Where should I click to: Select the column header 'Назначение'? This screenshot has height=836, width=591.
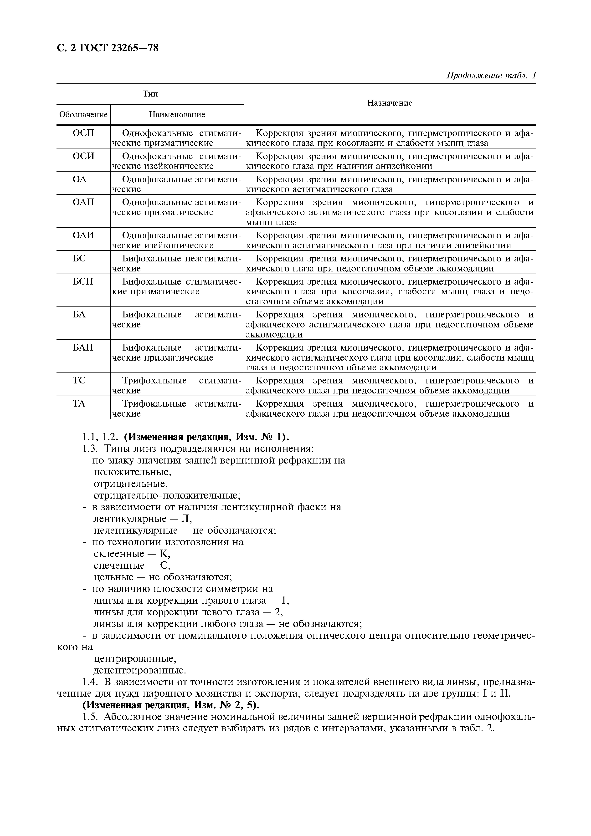point(390,103)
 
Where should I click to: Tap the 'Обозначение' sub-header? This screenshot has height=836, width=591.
point(83,115)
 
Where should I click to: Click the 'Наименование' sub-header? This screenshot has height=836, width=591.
point(177,115)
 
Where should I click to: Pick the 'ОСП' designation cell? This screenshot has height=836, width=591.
point(83,133)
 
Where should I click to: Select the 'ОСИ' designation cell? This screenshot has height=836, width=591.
point(83,156)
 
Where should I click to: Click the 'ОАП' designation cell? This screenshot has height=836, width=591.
point(83,202)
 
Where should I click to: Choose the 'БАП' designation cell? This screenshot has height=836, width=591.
point(83,347)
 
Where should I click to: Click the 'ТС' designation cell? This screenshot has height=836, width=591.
point(79,381)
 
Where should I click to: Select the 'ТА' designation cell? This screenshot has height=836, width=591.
point(79,403)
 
